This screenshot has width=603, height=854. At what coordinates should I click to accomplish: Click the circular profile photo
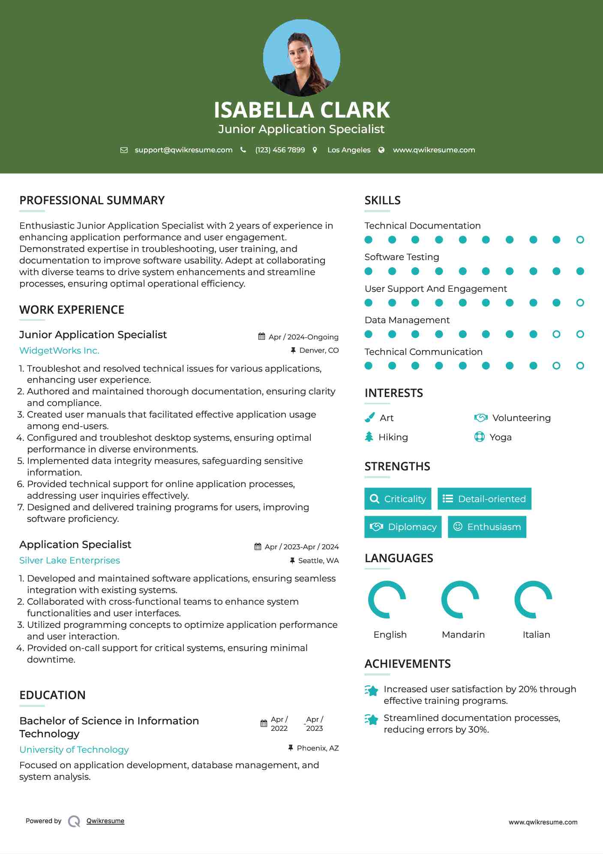pyautogui.click(x=301, y=58)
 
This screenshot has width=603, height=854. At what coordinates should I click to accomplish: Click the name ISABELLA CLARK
pyautogui.click(x=301, y=110)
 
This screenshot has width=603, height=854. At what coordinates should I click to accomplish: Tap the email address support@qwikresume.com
pyautogui.click(x=183, y=150)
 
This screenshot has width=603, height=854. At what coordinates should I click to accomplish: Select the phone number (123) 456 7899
pyautogui.click(x=280, y=150)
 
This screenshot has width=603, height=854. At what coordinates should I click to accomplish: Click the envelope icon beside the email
pyautogui.click(x=124, y=150)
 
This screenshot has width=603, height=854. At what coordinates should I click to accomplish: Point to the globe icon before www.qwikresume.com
pyautogui.click(x=381, y=150)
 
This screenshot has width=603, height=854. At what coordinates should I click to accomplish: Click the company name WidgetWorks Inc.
pyautogui.click(x=59, y=351)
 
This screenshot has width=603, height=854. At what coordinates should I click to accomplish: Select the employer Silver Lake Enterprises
pyautogui.click(x=69, y=560)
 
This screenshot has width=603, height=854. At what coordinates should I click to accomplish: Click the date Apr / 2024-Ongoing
pyautogui.click(x=303, y=337)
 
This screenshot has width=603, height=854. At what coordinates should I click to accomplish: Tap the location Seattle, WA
pyautogui.click(x=318, y=560)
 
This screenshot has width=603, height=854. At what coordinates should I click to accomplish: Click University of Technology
pyautogui.click(x=74, y=750)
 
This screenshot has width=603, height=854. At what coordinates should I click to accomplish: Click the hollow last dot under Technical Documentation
pyautogui.click(x=580, y=240)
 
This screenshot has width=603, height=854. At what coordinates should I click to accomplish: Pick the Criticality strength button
pyautogui.click(x=398, y=499)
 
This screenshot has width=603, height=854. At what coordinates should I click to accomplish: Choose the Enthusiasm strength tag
pyautogui.click(x=487, y=527)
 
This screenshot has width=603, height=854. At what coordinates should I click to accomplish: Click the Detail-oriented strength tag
pyautogui.click(x=484, y=499)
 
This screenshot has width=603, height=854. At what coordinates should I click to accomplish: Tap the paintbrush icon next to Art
pyautogui.click(x=369, y=418)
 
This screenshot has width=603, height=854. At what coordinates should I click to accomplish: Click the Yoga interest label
pyautogui.click(x=500, y=437)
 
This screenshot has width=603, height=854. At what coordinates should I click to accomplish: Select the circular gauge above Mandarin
pyautogui.click(x=460, y=600)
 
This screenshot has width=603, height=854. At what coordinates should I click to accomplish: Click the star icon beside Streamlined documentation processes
pyautogui.click(x=372, y=720)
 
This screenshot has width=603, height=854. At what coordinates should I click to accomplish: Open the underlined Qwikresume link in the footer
pyautogui.click(x=105, y=821)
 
